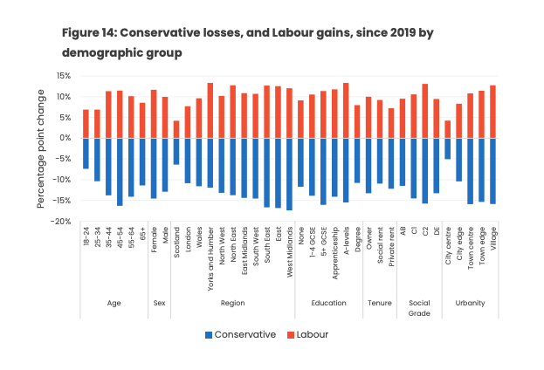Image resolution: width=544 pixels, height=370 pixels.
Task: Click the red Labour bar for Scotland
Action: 176,129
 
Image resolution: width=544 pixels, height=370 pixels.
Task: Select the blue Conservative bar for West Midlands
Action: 289,174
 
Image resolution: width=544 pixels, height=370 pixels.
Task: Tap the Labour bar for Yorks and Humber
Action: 210,111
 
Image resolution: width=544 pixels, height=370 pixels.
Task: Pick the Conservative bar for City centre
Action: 448,148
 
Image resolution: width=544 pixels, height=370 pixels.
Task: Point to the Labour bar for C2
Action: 425,111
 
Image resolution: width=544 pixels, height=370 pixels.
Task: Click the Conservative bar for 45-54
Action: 120,172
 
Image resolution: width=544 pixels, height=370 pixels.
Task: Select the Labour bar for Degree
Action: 357,121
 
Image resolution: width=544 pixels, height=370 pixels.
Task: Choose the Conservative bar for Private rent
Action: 391,163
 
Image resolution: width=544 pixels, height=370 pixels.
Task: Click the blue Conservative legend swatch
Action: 209,334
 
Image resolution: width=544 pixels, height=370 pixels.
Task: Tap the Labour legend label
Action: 313,334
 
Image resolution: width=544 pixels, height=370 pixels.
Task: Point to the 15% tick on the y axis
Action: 65,76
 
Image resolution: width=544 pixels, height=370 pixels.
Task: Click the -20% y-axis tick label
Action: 61,222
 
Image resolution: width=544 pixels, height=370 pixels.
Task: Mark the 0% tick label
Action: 65,138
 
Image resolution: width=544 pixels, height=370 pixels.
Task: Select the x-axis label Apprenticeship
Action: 334,253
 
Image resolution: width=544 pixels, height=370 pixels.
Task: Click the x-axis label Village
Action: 493,238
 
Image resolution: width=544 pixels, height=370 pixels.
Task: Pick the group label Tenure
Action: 380,303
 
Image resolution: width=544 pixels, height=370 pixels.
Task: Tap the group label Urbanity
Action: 470,303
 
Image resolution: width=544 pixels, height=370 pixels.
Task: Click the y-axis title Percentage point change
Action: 40,148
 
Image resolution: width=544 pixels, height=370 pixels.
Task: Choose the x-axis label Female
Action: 154,240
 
